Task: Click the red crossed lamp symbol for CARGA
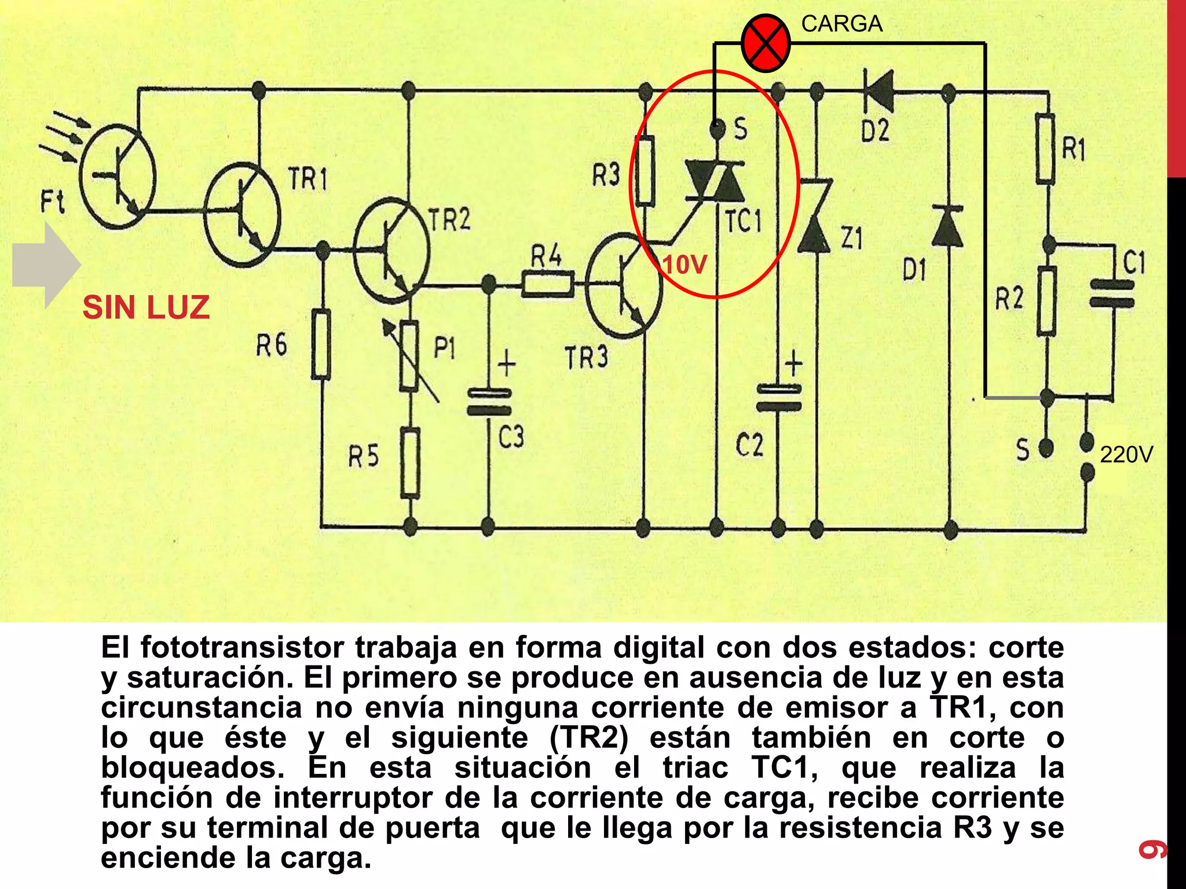click(x=766, y=43)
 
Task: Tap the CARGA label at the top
click(x=841, y=24)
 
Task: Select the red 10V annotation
click(x=684, y=265)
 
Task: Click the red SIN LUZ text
click(x=146, y=307)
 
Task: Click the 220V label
click(x=1126, y=455)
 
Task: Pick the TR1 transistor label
click(x=308, y=179)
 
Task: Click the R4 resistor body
click(x=548, y=284)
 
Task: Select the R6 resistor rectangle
click(x=321, y=345)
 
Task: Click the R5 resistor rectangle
click(x=410, y=463)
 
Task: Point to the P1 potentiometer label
click(x=445, y=349)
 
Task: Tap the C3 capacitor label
click(x=511, y=437)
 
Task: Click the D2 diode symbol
click(x=878, y=91)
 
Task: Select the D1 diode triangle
click(x=949, y=227)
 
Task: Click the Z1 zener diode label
click(x=851, y=238)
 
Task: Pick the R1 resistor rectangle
click(x=1045, y=149)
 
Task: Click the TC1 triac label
click(x=744, y=222)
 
